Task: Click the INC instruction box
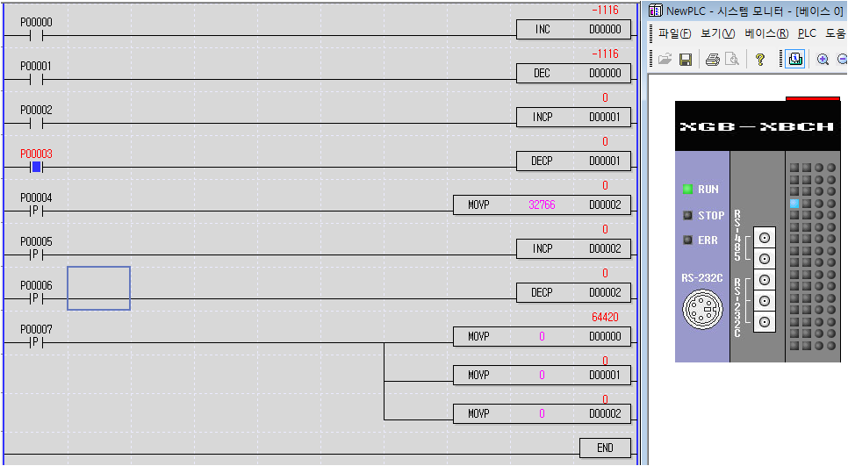coord(573,30)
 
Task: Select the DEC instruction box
coord(573,74)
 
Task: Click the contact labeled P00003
coord(36,167)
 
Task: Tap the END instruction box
coord(605,448)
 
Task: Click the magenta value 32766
coord(542,205)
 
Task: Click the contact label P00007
coord(36,329)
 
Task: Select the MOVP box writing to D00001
coord(542,375)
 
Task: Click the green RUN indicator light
coord(687,189)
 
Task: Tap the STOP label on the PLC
coord(711,215)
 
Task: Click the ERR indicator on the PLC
coord(687,240)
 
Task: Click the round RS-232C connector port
coord(701,309)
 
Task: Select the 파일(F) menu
coord(674,33)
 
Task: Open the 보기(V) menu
coord(717,33)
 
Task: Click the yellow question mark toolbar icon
coord(760,60)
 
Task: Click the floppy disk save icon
coord(686,60)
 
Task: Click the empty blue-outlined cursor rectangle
coord(98,288)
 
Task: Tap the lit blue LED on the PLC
coord(794,204)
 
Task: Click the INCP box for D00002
coord(573,249)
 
